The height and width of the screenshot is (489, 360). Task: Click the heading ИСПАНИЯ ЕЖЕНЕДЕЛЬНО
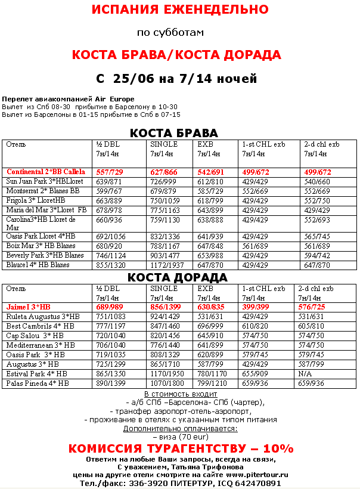click(179, 10)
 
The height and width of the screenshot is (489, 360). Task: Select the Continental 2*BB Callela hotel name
click(46, 172)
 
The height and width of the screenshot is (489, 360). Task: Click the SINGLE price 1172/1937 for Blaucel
click(167, 265)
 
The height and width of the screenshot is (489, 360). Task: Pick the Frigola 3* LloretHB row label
click(36, 200)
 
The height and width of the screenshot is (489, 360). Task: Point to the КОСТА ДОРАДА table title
click(178, 277)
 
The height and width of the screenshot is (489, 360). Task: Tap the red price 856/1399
click(167, 307)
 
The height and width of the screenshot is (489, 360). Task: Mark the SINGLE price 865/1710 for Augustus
click(166, 364)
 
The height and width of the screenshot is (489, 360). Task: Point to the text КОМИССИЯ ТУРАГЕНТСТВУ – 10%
click(181, 448)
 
